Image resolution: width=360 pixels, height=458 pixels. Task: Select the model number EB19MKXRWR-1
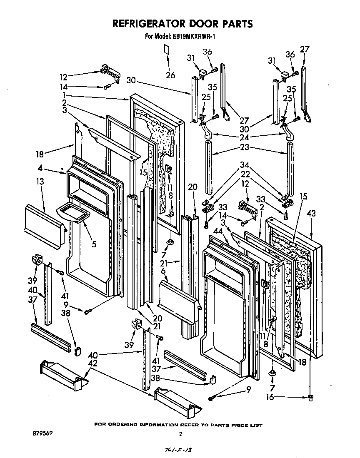[195, 37]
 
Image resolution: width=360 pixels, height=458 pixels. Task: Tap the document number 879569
[43, 433]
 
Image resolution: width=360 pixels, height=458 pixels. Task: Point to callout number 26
[170, 75]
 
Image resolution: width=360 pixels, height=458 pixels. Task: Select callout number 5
[94, 244]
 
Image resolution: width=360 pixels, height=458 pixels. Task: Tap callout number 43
[311, 213]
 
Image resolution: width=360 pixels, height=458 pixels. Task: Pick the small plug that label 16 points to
[311, 398]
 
